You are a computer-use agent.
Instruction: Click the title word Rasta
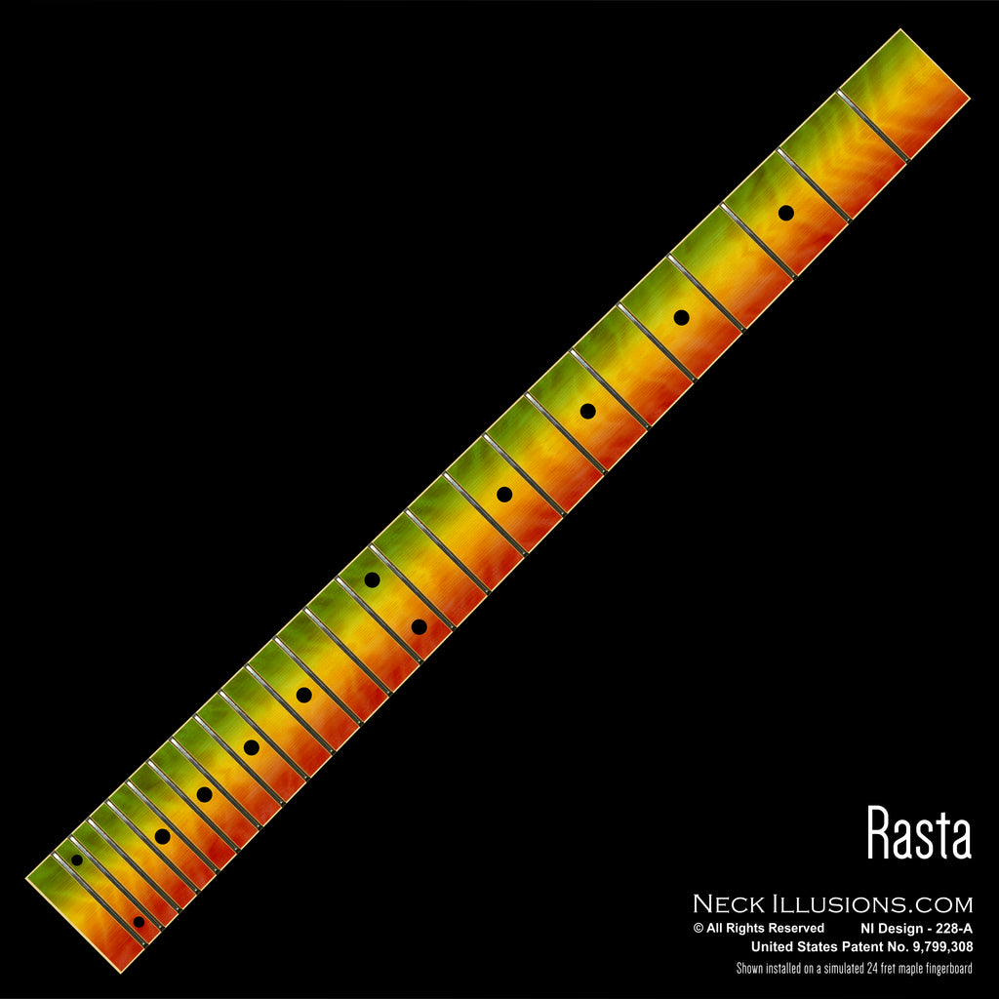coord(919,832)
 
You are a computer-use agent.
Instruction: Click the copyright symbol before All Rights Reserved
coord(699,929)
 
